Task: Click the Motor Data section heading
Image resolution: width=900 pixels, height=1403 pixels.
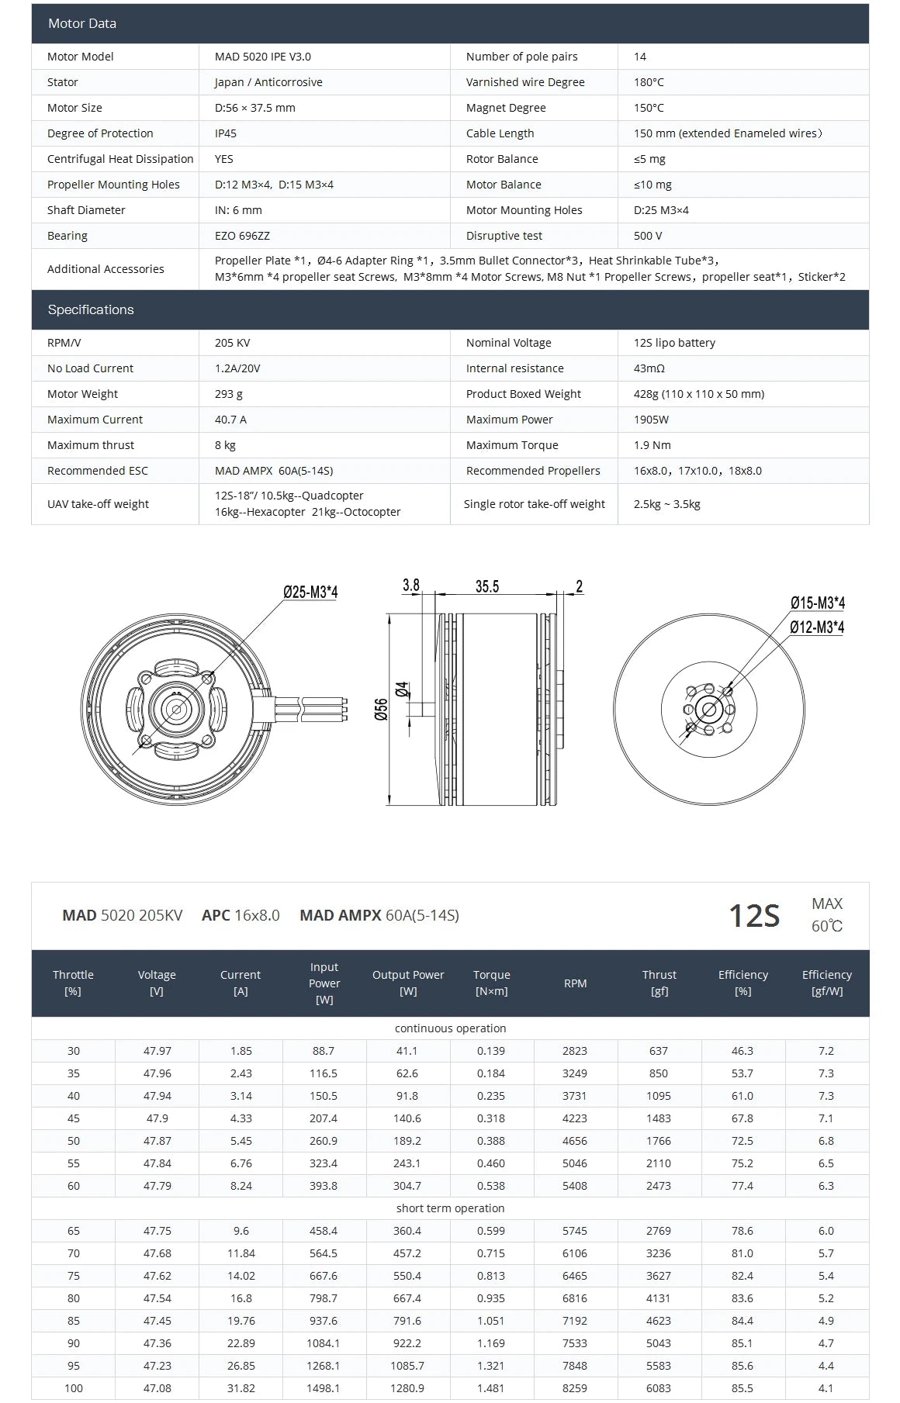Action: click(82, 23)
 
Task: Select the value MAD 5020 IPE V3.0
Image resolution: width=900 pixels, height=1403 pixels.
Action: click(263, 57)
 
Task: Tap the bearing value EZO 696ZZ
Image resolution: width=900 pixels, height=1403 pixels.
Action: click(242, 236)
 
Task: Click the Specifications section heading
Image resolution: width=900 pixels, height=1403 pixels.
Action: click(91, 309)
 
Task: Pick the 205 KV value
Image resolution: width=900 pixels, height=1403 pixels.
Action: click(232, 343)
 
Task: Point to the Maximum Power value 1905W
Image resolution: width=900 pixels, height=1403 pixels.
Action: click(651, 420)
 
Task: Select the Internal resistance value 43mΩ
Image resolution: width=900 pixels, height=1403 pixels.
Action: click(649, 368)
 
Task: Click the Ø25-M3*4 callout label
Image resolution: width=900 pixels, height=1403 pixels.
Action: click(310, 593)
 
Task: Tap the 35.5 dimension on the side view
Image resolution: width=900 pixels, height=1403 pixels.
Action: click(487, 587)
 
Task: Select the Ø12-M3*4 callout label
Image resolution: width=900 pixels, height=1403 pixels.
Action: click(817, 627)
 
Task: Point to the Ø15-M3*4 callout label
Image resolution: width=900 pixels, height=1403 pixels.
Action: click(817, 603)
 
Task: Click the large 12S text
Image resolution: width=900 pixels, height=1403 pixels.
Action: click(753, 916)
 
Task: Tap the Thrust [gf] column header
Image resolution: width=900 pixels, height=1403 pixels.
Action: click(659, 983)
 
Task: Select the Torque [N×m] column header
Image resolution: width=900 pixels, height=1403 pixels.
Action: click(491, 983)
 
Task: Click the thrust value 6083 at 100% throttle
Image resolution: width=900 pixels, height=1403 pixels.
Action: click(659, 1388)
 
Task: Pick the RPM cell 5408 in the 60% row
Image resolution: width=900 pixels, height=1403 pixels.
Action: click(575, 1186)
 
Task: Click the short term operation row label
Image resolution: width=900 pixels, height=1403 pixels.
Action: click(450, 1208)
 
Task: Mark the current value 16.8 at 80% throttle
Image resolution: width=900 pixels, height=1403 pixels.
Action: click(241, 1298)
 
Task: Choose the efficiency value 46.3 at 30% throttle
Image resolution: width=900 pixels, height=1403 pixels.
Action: click(742, 1051)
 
